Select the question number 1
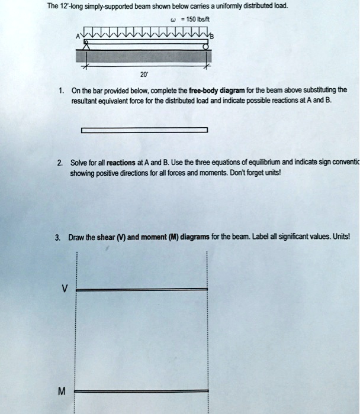[x=61, y=90]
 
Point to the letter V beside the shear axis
[x=65, y=288]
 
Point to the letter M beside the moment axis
[x=62, y=391]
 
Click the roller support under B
[x=207, y=44]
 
